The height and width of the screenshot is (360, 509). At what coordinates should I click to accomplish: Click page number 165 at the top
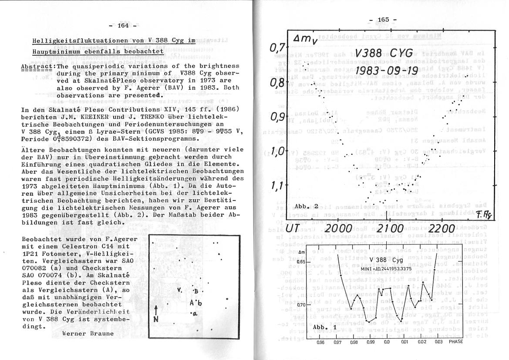click(383, 20)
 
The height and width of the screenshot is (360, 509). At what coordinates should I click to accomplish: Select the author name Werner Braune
click(88, 333)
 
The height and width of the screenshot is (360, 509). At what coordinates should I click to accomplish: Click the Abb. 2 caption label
click(307, 206)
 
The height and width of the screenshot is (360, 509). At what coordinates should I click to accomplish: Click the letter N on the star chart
click(156, 319)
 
